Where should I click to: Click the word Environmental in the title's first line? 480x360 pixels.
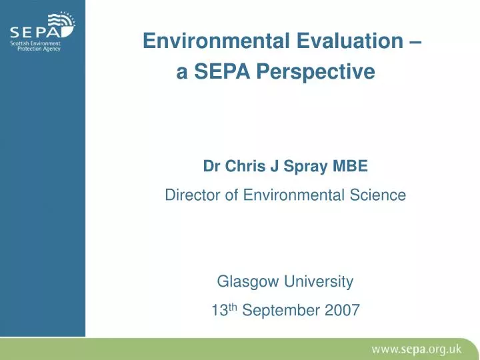click(205, 42)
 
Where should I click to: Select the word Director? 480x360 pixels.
click(190, 195)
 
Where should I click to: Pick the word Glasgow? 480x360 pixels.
click(249, 282)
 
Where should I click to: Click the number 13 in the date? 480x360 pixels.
click(217, 310)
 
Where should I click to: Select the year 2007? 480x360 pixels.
click(343, 310)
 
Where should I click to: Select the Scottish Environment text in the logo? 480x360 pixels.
click(35, 43)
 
